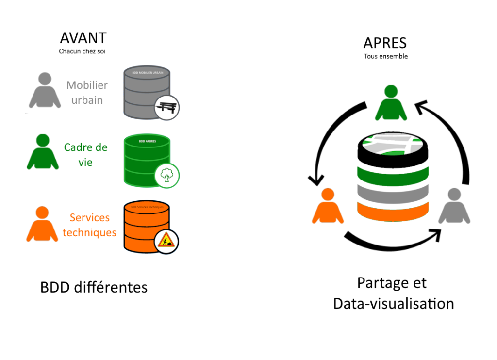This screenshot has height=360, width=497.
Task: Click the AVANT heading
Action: point(83,38)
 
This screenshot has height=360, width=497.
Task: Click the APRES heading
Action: point(385,43)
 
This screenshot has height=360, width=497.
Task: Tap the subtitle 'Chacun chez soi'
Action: point(83,51)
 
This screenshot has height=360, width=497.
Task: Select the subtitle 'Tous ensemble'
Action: point(386,56)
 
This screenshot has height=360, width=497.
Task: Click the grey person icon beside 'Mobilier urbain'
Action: point(45,91)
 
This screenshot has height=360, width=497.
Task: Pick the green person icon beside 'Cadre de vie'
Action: point(43,152)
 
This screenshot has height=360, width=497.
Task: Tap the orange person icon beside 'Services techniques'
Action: point(42,224)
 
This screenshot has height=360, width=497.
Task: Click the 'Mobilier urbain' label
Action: point(87,93)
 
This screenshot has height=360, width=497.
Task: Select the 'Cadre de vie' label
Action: point(86,154)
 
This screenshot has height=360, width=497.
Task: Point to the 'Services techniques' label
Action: point(90,225)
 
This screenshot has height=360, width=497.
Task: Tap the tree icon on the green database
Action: point(167,175)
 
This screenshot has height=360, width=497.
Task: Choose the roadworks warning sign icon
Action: point(166,241)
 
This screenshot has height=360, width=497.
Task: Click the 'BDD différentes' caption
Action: point(94,287)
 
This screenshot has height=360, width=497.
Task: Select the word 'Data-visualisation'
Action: point(393,303)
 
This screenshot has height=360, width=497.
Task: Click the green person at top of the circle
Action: point(391,103)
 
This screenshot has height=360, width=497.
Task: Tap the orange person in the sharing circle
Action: point(328,206)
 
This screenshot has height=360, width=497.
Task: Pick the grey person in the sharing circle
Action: point(454,206)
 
